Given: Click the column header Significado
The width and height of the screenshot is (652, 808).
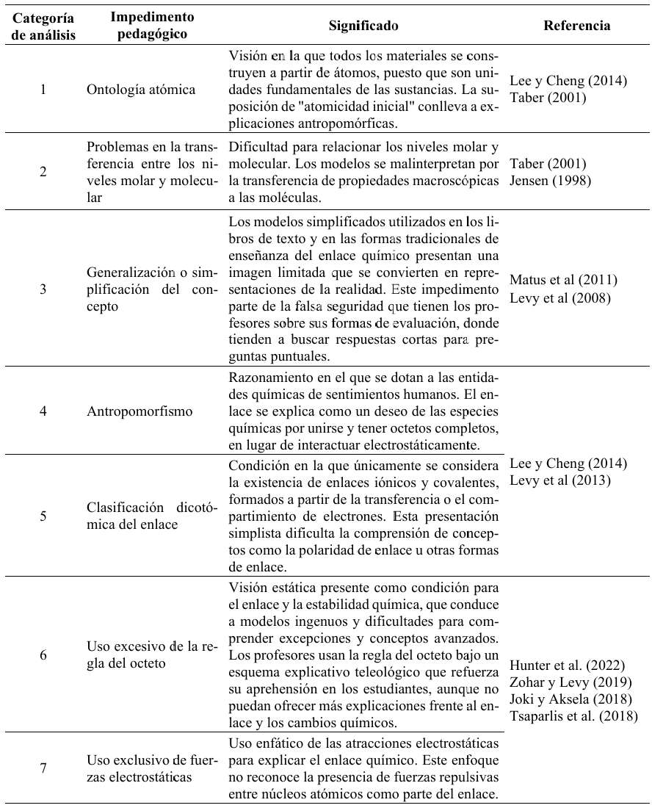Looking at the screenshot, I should click(x=365, y=26).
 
